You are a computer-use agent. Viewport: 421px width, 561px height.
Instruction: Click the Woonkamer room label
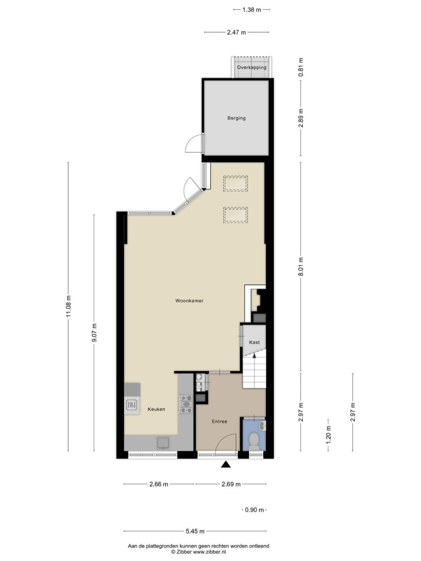pyautogui.click(x=189, y=301)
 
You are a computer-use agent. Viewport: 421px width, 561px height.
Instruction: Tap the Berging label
pyautogui.click(x=236, y=118)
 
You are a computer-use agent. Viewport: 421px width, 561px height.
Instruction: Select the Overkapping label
pyautogui.click(x=251, y=67)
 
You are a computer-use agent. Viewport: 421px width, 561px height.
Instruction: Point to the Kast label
pyautogui.click(x=254, y=342)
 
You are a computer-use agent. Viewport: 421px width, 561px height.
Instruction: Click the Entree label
pyautogui.click(x=219, y=421)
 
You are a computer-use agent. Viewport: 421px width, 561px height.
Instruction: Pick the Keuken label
pyautogui.click(x=156, y=409)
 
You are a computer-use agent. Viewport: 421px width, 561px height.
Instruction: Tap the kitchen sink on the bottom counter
pyautogui.click(x=163, y=443)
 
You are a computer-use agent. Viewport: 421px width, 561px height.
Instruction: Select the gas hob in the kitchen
pyautogui.click(x=186, y=404)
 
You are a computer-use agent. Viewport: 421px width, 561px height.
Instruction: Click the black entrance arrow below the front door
pyautogui.click(x=225, y=464)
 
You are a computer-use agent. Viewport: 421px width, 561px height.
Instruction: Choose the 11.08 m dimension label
pyautogui.click(x=69, y=306)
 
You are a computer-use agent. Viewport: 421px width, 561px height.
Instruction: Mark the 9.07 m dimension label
pyautogui.click(x=95, y=332)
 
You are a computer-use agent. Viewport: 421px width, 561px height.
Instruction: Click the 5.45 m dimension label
pyautogui.click(x=195, y=531)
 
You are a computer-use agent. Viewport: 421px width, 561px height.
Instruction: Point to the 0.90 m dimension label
pyautogui.click(x=254, y=510)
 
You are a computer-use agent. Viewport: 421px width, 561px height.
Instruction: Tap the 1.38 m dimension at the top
pyautogui.click(x=251, y=10)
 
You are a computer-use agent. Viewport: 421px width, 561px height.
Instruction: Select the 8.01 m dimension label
pyautogui.click(x=301, y=266)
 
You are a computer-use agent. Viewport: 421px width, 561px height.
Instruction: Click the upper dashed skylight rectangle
pyautogui.click(x=235, y=183)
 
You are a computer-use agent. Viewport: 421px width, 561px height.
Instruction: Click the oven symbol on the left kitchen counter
pyautogui.click(x=132, y=405)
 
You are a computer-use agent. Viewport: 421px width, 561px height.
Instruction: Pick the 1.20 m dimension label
pyautogui.click(x=328, y=434)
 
